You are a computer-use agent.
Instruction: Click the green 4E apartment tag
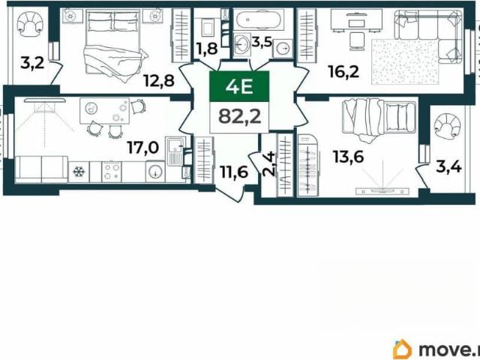(x=239, y=86)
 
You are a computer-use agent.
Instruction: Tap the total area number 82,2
(x=240, y=117)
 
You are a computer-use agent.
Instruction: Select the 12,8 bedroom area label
(x=159, y=81)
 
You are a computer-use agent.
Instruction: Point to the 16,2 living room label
(x=343, y=71)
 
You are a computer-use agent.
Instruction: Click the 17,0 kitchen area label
(x=143, y=148)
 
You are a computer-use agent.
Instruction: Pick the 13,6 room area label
(x=349, y=157)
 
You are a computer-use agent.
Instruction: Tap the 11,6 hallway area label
(x=235, y=172)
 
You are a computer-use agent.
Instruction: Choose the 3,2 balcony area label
(x=32, y=63)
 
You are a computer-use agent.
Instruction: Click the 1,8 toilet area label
(x=207, y=48)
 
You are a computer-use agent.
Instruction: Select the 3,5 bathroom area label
(x=262, y=42)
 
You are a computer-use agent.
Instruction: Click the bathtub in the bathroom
(x=259, y=19)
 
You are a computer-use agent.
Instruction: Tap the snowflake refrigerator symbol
(x=79, y=172)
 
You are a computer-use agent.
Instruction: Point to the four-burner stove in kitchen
(x=112, y=172)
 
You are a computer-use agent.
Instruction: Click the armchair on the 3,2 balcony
(x=29, y=22)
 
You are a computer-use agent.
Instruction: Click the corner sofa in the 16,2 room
(x=428, y=36)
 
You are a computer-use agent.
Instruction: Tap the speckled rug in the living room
(x=406, y=61)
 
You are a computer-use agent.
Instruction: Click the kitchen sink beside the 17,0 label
(x=175, y=151)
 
